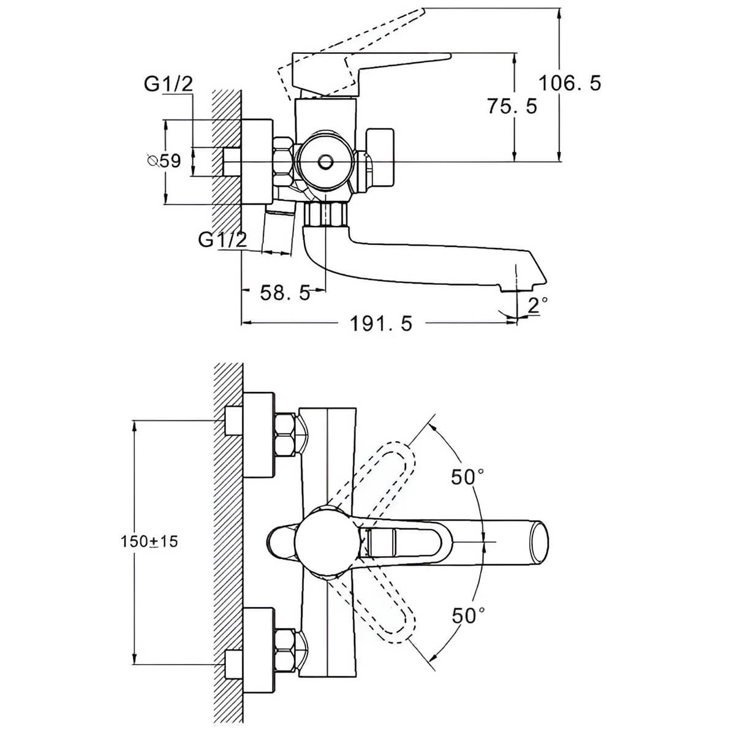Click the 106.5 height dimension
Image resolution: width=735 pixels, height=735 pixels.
tap(570, 83)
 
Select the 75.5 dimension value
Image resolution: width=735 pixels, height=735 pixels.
tap(512, 106)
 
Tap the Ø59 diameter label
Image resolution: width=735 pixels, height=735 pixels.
tap(164, 161)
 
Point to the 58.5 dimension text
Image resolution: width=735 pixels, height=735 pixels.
tap(285, 293)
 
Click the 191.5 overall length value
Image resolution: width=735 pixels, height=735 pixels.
tap(381, 324)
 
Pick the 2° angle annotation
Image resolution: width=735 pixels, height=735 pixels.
tap(538, 305)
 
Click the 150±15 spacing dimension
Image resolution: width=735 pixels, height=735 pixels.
tap(149, 541)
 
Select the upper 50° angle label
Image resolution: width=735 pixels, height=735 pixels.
tap(467, 477)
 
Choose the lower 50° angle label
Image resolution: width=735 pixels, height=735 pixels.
tap(469, 616)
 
